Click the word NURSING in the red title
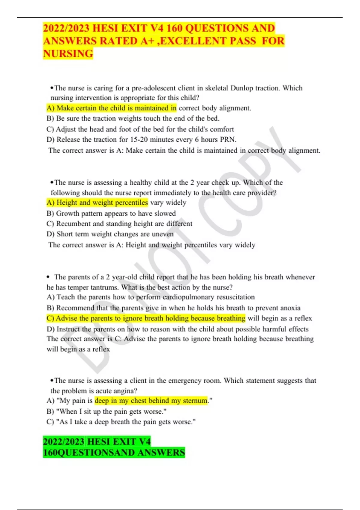click(68, 54)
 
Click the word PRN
click(228, 139)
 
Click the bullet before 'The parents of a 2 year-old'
click(48, 277)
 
